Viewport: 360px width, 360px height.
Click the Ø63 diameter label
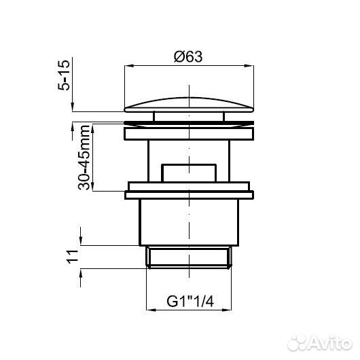click(188, 56)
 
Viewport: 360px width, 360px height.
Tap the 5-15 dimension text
click(64, 75)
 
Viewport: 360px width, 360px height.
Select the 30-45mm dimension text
click(84, 158)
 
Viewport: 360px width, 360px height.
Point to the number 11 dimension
click(72, 257)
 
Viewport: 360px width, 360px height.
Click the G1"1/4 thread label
click(190, 301)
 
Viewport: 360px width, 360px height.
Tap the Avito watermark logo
click(320, 343)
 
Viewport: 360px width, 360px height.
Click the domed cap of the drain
click(189, 105)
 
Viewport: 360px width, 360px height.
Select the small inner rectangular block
click(189, 173)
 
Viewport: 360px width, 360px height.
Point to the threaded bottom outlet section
click(189, 257)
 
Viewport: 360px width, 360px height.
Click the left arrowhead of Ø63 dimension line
click(128, 66)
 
